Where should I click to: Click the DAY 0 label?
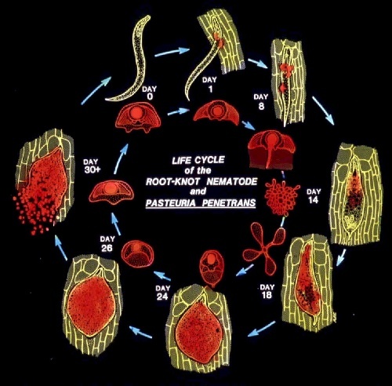click(x=149, y=93)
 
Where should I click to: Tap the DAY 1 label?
click(x=209, y=84)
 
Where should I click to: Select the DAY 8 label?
click(x=261, y=101)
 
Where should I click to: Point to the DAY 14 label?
click(x=314, y=196)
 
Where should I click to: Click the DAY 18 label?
click(x=267, y=291)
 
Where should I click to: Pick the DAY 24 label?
click(x=162, y=293)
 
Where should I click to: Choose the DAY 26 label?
click(x=107, y=243)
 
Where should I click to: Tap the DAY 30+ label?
click(x=92, y=166)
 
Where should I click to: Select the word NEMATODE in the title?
click(x=232, y=181)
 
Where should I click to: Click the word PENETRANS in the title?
click(x=228, y=202)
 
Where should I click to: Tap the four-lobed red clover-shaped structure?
click(x=264, y=249)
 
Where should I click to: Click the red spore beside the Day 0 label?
click(x=138, y=116)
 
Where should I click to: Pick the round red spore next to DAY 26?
click(x=137, y=254)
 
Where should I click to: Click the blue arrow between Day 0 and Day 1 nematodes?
click(x=172, y=52)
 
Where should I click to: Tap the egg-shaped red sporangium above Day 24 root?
click(x=212, y=268)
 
